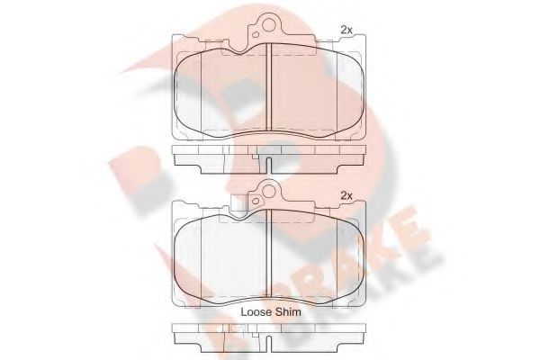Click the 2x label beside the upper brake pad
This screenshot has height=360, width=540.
(x=346, y=30)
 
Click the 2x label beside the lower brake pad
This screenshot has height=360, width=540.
(x=346, y=195)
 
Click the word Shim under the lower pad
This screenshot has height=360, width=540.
(x=289, y=311)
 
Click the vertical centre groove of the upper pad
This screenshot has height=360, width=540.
(x=271, y=90)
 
